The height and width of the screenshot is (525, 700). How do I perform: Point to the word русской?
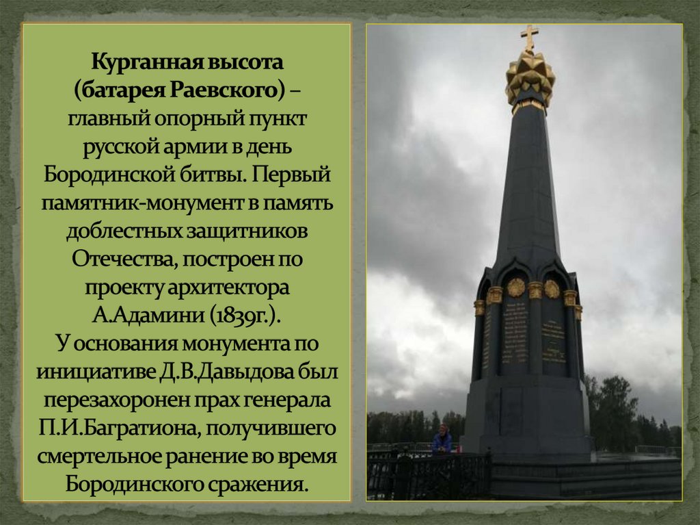[120, 147]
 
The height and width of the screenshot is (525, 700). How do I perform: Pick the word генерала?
[295, 401]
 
